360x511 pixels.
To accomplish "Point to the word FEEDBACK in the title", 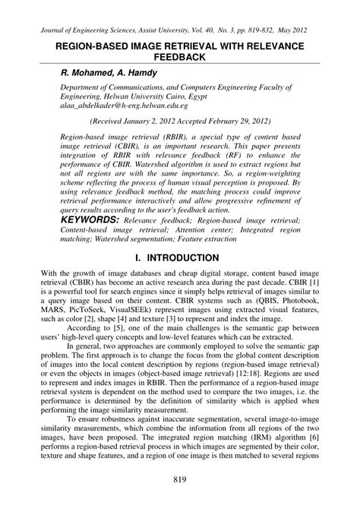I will coord(180,58).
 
